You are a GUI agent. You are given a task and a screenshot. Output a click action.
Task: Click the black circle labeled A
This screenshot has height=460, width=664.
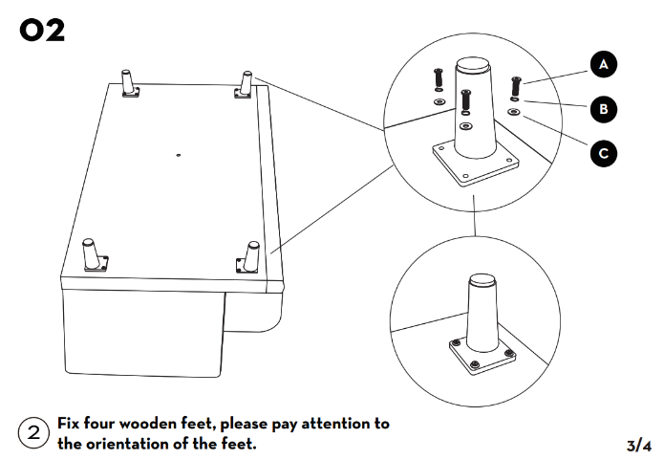point(603,65)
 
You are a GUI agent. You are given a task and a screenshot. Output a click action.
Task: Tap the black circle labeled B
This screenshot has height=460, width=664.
point(603,109)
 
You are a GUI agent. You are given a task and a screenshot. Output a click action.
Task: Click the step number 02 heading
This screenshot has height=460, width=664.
point(43,31)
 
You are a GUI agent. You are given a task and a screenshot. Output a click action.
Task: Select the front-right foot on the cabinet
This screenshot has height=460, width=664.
point(250,256)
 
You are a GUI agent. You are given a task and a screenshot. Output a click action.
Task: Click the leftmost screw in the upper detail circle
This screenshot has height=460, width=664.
point(439,78)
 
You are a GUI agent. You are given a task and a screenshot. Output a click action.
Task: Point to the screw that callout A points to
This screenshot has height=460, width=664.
point(516,84)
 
